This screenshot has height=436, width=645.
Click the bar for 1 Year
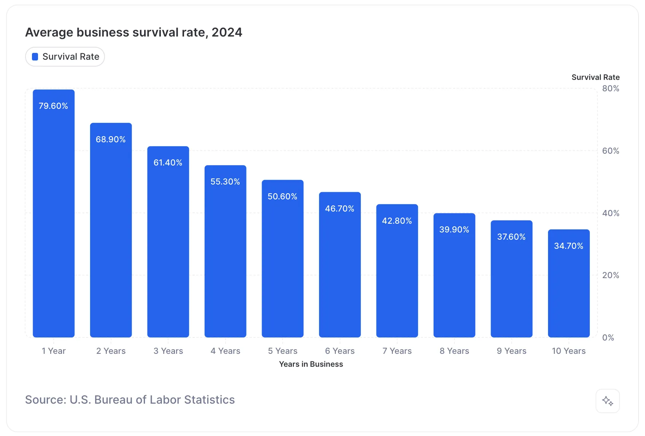[x=54, y=213]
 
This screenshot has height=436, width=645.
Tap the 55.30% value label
[x=225, y=182]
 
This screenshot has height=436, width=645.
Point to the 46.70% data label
[x=340, y=209]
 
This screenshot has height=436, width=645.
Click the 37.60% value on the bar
[x=511, y=237]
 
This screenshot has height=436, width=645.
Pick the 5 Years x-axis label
[x=283, y=351]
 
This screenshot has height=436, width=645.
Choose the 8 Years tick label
[x=454, y=351]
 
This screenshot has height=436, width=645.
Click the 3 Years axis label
[x=168, y=351]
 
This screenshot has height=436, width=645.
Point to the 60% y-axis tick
[x=610, y=151]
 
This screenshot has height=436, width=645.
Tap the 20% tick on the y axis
[x=610, y=275]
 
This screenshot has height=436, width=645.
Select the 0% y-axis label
[x=608, y=338]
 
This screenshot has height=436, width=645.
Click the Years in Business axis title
[x=311, y=364]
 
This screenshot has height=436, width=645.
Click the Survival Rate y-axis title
[x=595, y=77]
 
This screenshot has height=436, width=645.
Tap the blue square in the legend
[x=35, y=57]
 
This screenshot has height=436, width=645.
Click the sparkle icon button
[x=607, y=401]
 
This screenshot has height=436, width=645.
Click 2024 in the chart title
[x=227, y=32]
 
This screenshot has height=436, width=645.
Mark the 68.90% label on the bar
[x=111, y=140]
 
